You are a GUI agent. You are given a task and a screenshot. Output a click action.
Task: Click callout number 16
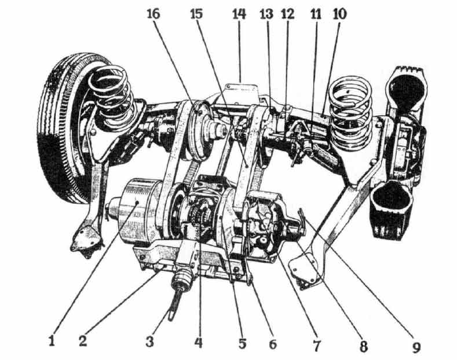point(153,14)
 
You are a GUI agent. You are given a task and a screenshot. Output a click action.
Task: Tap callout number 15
point(196,14)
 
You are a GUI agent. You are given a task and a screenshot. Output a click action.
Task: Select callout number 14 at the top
point(239,14)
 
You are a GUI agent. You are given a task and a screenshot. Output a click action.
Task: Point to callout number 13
point(266,14)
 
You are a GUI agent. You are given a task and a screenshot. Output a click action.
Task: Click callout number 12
point(287,14)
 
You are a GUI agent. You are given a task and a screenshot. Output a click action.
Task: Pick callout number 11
point(316,14)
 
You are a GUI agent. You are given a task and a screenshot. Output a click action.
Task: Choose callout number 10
point(339,14)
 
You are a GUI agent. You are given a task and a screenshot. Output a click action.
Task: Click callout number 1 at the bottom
point(52,340)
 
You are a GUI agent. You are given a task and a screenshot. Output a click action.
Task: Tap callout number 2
point(83,340)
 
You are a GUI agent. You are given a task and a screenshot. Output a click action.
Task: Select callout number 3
point(150,341)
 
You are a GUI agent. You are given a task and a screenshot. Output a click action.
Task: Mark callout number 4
point(198,341)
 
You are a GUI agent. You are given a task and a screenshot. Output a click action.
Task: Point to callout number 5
point(243,343)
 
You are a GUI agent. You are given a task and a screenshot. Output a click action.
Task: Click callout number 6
point(272,344)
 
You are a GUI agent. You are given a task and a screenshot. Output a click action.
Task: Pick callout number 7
point(316,345)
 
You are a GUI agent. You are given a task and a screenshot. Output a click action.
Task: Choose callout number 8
point(363,346)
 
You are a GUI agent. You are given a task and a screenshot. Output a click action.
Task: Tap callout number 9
point(416,347)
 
